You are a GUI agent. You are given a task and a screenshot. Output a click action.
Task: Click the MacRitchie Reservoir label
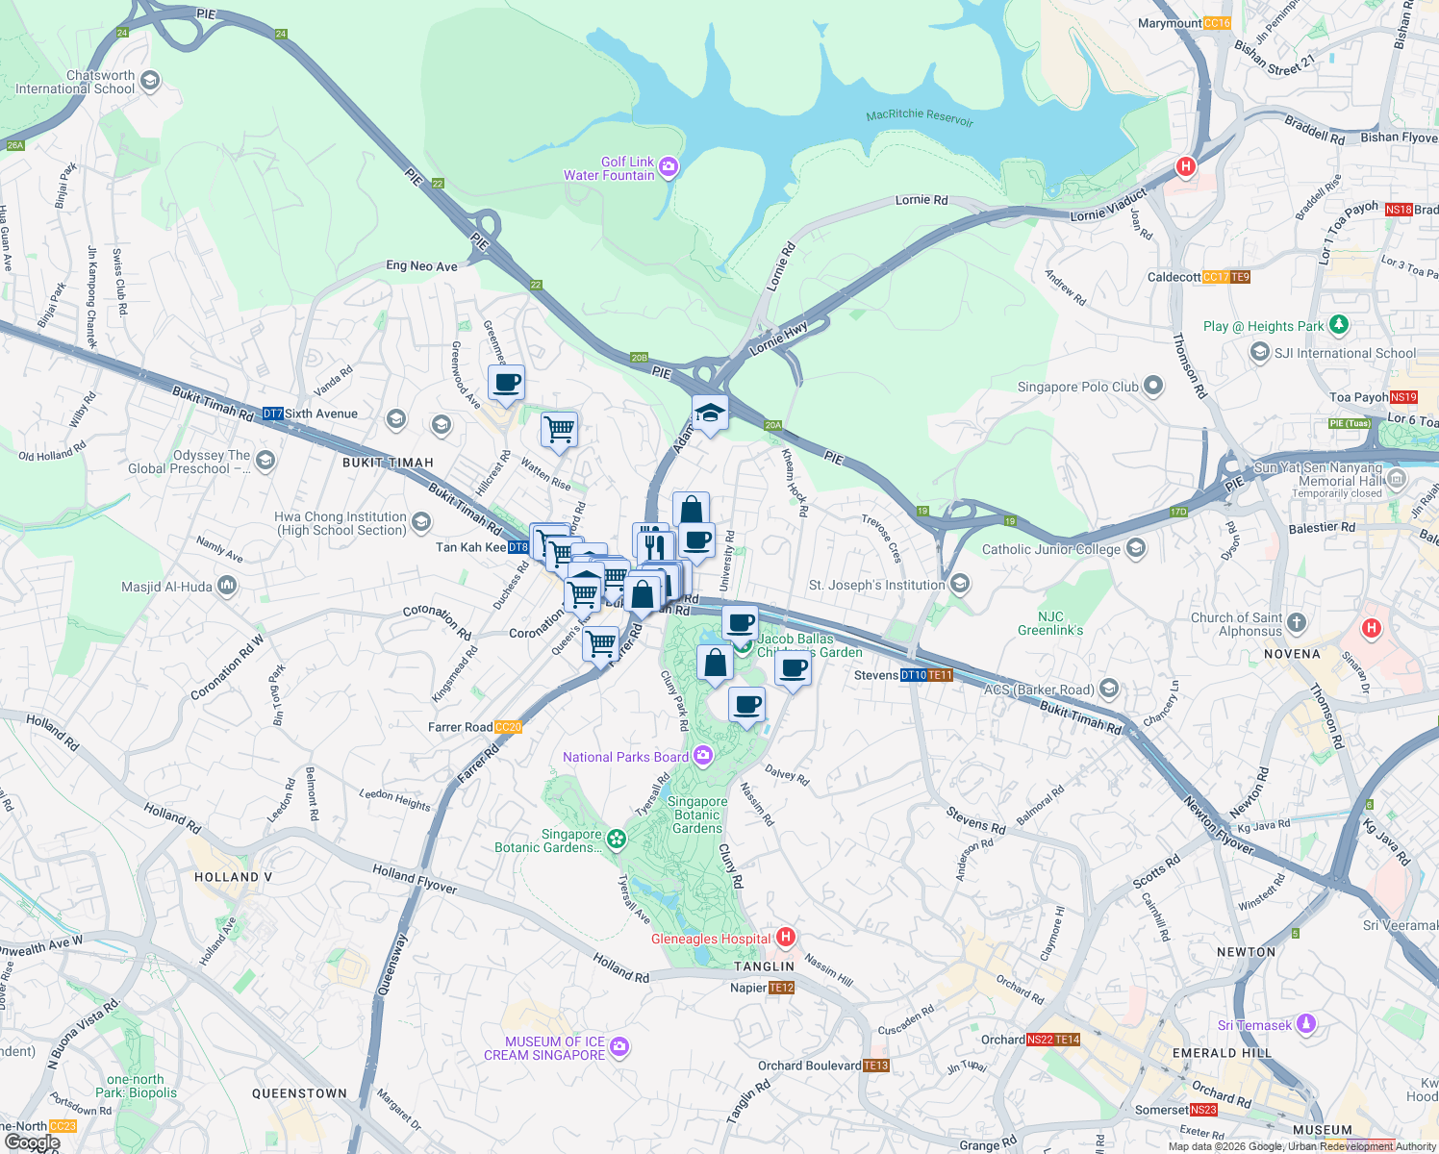(920, 116)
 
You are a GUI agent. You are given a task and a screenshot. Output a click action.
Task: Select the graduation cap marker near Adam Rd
(710, 414)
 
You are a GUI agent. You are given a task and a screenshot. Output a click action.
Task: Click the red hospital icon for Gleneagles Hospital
(786, 937)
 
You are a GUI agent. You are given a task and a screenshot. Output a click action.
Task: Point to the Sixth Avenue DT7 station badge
(273, 414)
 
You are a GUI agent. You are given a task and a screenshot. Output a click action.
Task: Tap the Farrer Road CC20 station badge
(508, 727)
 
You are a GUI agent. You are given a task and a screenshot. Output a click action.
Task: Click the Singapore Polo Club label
(1077, 387)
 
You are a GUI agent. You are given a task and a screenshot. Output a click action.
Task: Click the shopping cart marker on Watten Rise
(559, 430)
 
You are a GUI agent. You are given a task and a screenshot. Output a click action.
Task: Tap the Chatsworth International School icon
(149, 81)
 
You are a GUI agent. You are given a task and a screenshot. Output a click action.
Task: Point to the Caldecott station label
(1174, 277)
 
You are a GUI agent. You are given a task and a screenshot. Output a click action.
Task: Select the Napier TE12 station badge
(782, 988)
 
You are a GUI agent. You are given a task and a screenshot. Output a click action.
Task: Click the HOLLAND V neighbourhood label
(233, 877)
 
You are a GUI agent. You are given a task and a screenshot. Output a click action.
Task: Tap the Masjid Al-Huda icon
(227, 586)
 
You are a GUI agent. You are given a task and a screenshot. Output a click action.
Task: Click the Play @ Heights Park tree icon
(1338, 325)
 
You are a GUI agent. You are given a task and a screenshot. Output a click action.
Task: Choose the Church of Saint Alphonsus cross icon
(1297, 623)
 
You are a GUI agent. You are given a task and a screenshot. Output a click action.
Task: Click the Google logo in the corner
(32, 1142)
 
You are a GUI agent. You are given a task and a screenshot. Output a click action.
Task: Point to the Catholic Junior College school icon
(1136, 548)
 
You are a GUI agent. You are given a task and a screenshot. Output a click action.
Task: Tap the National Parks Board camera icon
(703, 756)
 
